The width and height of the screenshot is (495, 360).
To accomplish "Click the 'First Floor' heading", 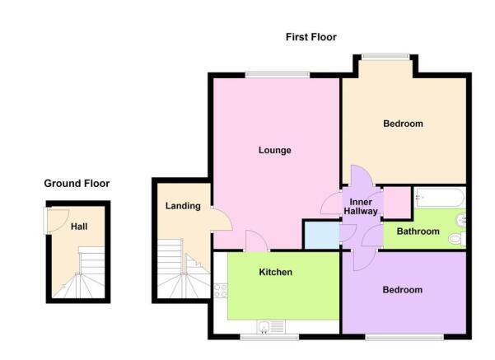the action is pos(311,37).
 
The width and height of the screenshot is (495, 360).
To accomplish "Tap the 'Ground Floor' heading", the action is pos(77,184).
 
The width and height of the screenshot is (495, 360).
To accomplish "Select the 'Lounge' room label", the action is pos(274,150).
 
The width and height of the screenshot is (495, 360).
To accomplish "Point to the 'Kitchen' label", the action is pos(276,272).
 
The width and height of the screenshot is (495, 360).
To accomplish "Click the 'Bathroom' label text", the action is pos(418,231).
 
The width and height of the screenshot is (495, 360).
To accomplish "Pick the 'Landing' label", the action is pos(183,206).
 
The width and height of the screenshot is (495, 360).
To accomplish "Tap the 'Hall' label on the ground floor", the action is pos(79,227).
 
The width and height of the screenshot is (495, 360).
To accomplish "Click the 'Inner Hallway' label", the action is pos(361,207).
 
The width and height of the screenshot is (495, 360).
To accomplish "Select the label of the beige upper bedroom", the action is pos(403,124).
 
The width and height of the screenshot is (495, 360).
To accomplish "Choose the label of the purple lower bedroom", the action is pos(403,290).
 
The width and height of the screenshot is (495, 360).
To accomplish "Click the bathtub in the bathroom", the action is pos(440,198).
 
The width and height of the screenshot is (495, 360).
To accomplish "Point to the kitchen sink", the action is pos(271,327).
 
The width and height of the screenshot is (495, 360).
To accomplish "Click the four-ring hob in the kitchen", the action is pos(221,291).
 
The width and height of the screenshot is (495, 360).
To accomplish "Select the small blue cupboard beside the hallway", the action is pos(322,236).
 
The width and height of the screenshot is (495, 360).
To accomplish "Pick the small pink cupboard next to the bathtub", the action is pos(397,203).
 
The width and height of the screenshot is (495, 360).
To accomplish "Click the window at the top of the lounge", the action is pos(278,75).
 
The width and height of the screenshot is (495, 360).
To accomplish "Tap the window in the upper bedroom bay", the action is pos(385,57).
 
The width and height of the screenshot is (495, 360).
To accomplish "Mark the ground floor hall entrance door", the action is pos(57,220).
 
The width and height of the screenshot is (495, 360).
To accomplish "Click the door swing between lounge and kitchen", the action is pos(256,241).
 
